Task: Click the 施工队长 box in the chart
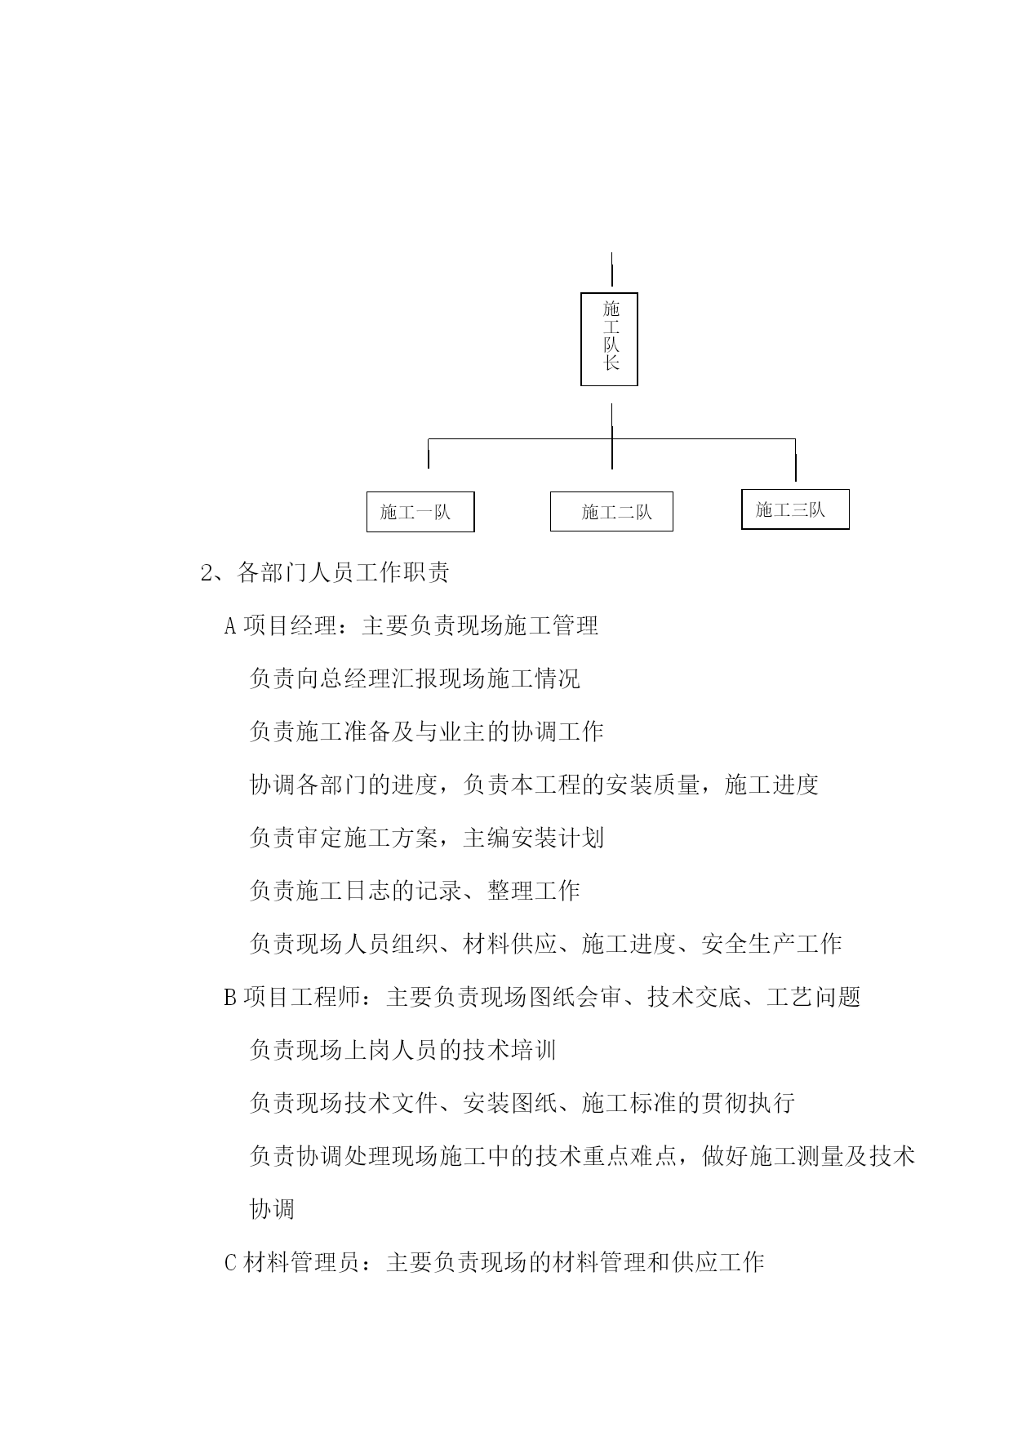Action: (x=609, y=339)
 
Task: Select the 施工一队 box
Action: (x=420, y=512)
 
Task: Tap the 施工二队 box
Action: (x=611, y=512)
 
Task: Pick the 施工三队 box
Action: (x=795, y=509)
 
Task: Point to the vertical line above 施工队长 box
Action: (x=612, y=269)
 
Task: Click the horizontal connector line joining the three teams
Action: (x=612, y=439)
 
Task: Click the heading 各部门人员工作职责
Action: (x=343, y=572)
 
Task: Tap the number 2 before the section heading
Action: (x=207, y=573)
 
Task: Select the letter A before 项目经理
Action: (x=230, y=626)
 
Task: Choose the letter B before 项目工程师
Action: (x=230, y=998)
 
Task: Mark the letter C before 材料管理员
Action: (x=230, y=1263)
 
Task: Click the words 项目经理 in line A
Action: (x=291, y=625)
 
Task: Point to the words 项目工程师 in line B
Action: (x=303, y=997)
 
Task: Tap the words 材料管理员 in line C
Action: (x=303, y=1262)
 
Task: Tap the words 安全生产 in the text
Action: (x=748, y=944)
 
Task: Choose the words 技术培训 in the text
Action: (x=510, y=1050)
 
